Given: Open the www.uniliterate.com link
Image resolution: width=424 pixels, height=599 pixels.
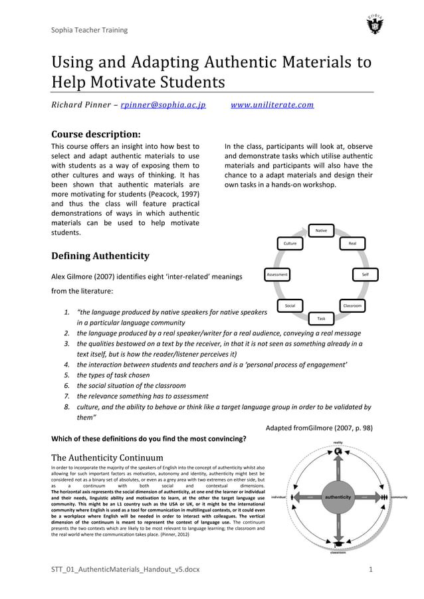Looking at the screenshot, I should pos(272,105).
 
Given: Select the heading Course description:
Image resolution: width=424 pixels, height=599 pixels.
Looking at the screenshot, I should pos(96,132).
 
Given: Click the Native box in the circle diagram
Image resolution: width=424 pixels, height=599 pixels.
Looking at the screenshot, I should pos(321,230).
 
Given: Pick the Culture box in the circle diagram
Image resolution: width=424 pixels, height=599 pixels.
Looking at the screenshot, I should pos(290,244).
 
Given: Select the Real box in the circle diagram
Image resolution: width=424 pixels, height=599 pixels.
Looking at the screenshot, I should pos(352,244).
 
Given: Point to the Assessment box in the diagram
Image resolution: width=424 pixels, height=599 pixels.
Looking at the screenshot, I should pos(276,274).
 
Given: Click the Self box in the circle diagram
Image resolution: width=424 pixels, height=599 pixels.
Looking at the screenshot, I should pos(365,274).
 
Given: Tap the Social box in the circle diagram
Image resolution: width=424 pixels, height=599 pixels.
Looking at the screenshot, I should pos(290,305).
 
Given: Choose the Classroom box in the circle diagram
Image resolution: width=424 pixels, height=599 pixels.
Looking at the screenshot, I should pos(352,305).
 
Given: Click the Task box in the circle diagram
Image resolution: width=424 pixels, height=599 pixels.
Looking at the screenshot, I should pos(321,319).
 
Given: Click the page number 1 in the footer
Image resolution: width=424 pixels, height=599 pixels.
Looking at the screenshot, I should pos(370,570).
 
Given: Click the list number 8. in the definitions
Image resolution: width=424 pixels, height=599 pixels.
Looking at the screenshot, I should pos(67,406).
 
